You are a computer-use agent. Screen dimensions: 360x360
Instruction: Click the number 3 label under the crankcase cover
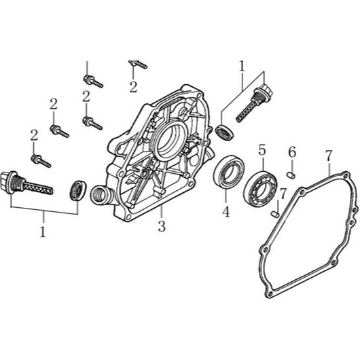(x=162, y=226)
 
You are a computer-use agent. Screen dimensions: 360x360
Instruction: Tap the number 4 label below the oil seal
(x=226, y=211)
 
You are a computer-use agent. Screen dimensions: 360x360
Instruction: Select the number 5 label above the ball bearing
(x=262, y=149)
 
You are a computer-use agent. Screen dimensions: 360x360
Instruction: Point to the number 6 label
(x=292, y=152)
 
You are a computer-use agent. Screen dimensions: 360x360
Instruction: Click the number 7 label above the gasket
(x=329, y=156)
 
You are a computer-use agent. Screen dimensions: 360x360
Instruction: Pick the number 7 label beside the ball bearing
(x=283, y=194)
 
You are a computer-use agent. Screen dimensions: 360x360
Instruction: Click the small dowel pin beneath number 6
(x=291, y=175)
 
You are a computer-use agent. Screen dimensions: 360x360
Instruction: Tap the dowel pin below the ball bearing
(x=275, y=214)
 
